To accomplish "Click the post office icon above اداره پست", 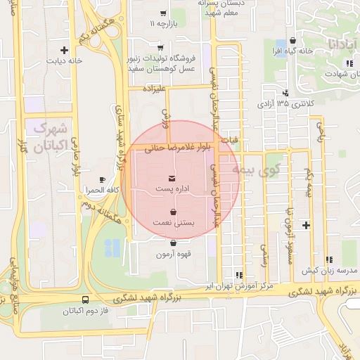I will [173, 179].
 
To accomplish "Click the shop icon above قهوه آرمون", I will [173, 243].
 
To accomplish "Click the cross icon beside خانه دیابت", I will [65, 50].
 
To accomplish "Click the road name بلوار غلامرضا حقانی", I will [174, 148].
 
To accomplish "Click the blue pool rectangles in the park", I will [112, 247].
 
